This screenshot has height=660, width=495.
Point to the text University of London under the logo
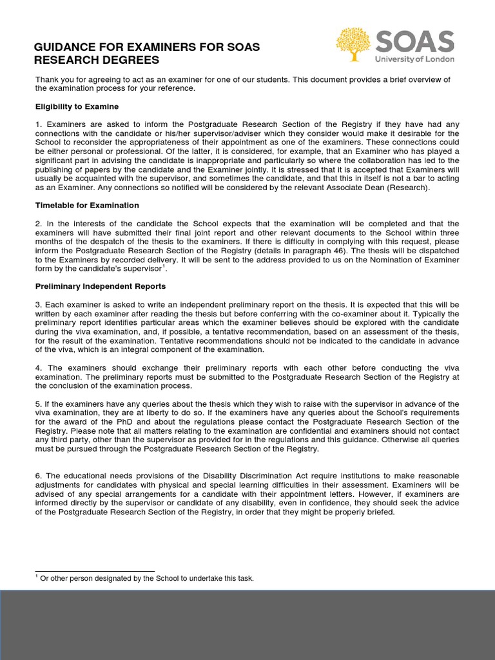[x=414, y=59]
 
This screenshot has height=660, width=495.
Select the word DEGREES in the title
[x=135, y=61]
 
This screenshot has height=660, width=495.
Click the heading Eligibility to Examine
[x=77, y=106]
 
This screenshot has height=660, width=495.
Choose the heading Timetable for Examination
[x=87, y=205]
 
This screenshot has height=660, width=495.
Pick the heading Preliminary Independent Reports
[x=101, y=286]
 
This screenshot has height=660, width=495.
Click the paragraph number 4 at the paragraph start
[x=38, y=368]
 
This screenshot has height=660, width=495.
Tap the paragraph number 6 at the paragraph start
[x=38, y=476]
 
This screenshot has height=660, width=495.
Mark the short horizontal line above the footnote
[x=95, y=571]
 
